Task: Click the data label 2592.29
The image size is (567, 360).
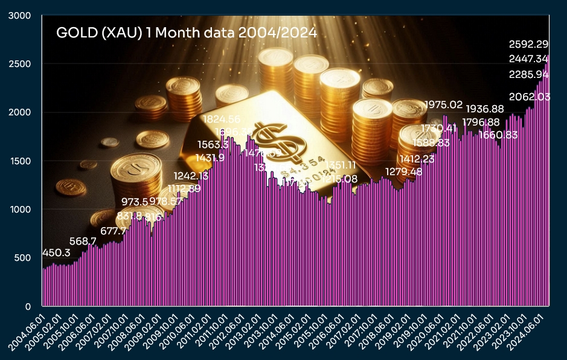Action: pos(529,44)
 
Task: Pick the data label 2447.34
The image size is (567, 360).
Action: pos(529,59)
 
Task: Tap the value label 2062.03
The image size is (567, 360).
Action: pos(529,97)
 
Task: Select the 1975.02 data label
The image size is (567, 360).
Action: pos(443,105)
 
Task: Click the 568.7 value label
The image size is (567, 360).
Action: pos(83,241)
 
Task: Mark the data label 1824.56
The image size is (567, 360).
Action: pos(221,119)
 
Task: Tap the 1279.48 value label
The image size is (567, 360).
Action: pos(404,172)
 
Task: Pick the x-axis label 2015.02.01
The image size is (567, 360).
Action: pos(295,330)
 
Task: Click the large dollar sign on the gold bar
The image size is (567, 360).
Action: pos(274,140)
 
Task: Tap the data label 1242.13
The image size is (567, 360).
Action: pos(191,176)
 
